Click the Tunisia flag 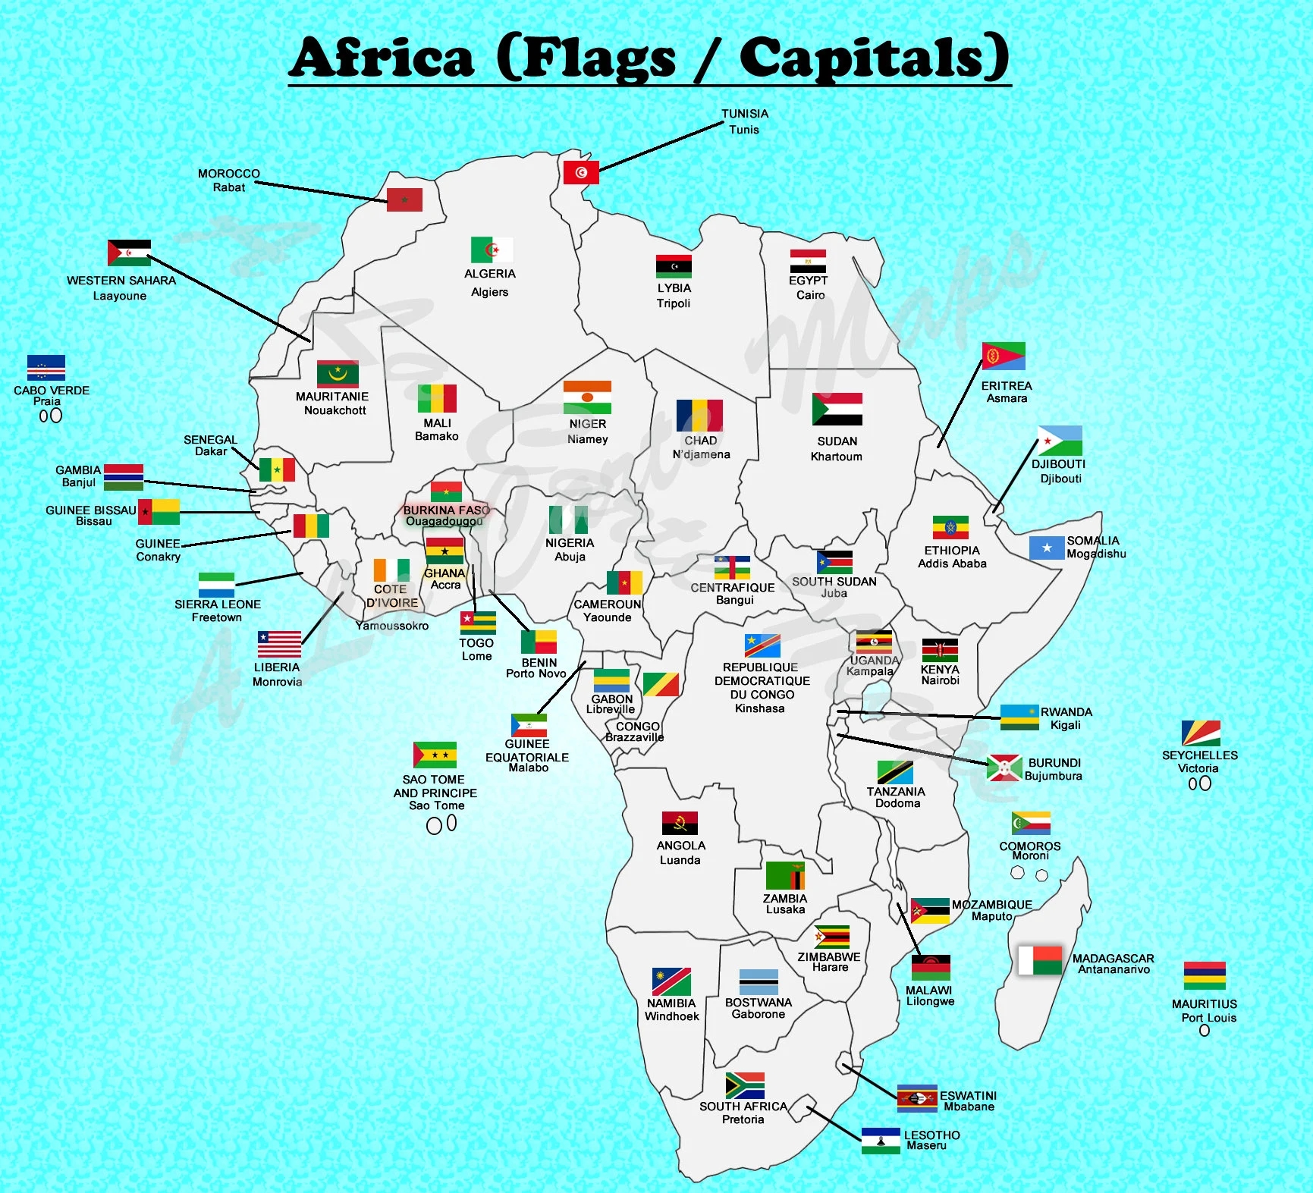pos(581,172)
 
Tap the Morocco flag pos(404,199)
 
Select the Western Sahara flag pos(129,253)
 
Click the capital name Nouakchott pos(335,410)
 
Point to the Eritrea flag pos(1004,356)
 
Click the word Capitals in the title pos(874,58)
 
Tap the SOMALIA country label pos(1093,541)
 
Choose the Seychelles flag pos(1201,733)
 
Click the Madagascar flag pos(1040,960)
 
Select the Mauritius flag pos(1205,975)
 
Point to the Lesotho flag pos(881,1141)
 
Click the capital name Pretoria pos(743,1119)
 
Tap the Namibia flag pos(671,981)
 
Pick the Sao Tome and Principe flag pos(435,755)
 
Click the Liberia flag pos(279,645)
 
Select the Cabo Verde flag pos(46,367)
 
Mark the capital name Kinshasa pos(759,708)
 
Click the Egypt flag pos(808,261)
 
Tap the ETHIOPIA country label pos(952,551)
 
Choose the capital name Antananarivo pos(1114,969)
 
